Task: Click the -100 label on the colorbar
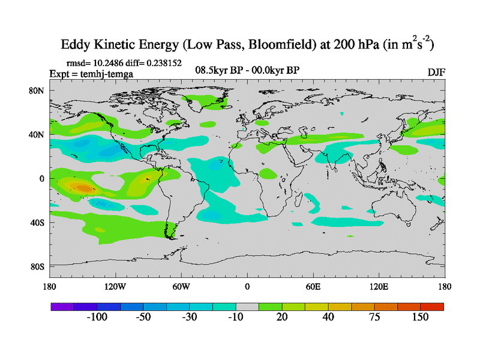click(97, 317)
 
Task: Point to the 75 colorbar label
click(374, 317)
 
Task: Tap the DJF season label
click(436, 72)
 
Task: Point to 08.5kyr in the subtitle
click(214, 71)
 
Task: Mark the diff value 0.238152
click(163, 62)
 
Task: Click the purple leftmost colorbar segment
click(62, 307)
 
